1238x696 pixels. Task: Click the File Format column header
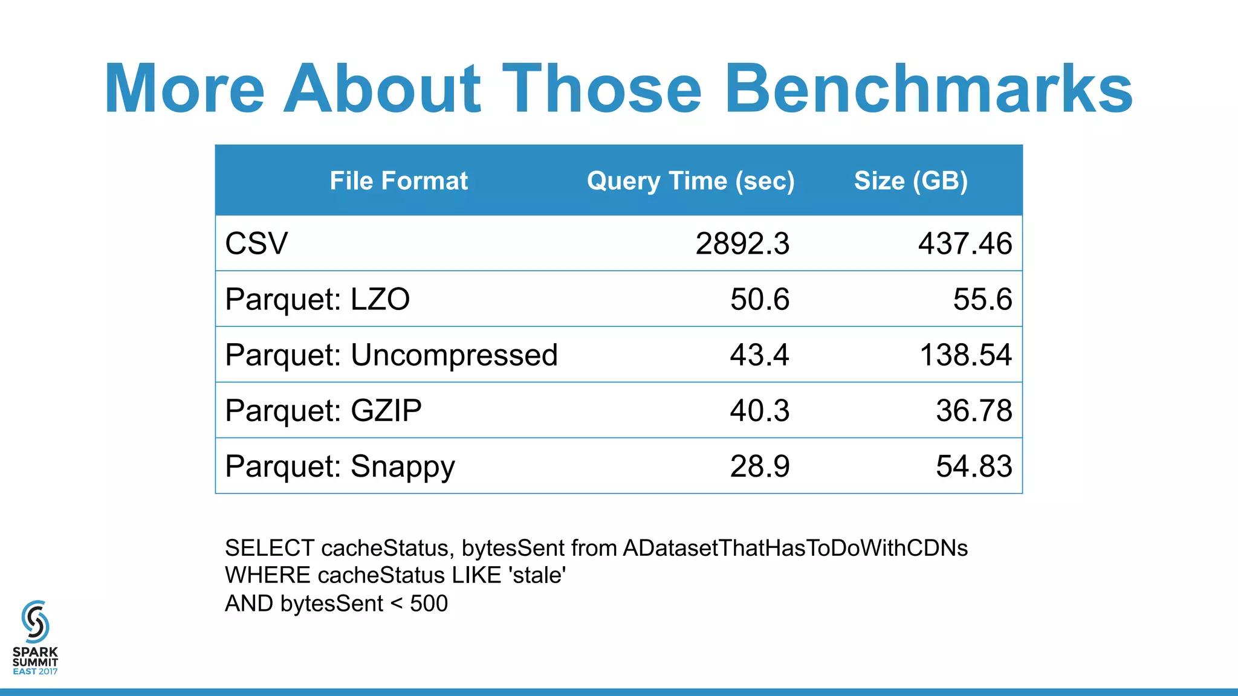coord(398,181)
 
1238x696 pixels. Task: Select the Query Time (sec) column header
coord(690,181)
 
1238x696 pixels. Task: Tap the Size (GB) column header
coord(910,181)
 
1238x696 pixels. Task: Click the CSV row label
coord(256,243)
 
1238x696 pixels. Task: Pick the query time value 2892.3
coord(742,243)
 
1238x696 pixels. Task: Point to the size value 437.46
coord(965,243)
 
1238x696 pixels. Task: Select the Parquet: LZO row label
coord(317,299)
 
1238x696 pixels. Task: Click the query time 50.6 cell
coord(759,299)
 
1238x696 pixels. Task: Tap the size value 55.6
coord(982,299)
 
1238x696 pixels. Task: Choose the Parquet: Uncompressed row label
coord(391,355)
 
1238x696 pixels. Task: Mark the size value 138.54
coord(965,355)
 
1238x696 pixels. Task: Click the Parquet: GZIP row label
coord(323,410)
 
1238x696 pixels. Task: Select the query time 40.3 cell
coord(759,410)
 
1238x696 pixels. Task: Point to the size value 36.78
coord(974,410)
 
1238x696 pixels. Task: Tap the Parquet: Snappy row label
coord(340,466)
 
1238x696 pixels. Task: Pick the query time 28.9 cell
coord(759,466)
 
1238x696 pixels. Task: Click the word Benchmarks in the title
coord(928,89)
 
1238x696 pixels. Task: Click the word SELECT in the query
coord(269,548)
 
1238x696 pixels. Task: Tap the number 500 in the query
coord(429,604)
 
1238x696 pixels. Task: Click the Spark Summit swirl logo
coord(35,621)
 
